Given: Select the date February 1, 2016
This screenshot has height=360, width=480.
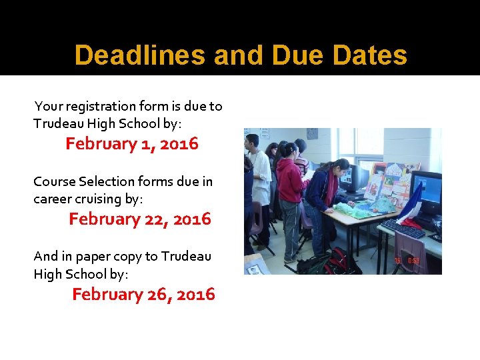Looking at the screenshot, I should coord(131,144).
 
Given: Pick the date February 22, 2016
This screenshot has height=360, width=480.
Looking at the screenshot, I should coord(139,219).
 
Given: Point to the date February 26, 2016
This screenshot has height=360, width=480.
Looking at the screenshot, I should coord(143,295).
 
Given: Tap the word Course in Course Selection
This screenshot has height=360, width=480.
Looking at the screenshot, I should coord(54,181).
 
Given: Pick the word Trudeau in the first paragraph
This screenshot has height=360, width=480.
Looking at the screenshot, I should coord(56,123).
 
